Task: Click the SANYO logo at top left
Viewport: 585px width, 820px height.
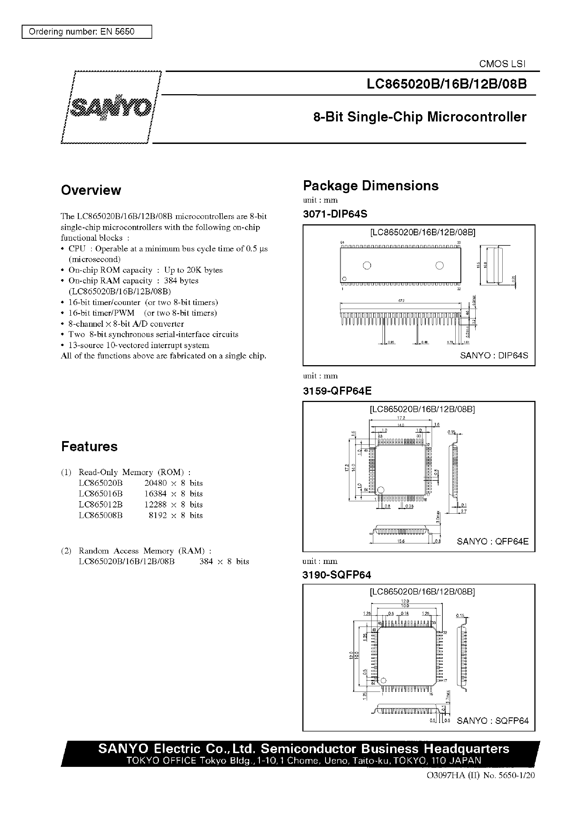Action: (x=111, y=107)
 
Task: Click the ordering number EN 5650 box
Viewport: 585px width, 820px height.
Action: (x=87, y=32)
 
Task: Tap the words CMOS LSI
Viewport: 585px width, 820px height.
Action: (x=502, y=64)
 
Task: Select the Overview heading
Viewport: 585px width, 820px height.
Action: (x=91, y=190)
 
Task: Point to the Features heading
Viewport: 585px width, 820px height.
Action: (x=89, y=446)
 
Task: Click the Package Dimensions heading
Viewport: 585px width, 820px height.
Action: (x=371, y=186)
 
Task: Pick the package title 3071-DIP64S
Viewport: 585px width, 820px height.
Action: (x=335, y=214)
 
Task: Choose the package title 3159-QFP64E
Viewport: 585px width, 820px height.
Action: (x=337, y=390)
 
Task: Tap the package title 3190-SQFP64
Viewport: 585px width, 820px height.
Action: (x=336, y=575)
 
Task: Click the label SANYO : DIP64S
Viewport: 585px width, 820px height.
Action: (x=494, y=355)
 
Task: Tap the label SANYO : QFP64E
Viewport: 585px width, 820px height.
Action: (x=492, y=541)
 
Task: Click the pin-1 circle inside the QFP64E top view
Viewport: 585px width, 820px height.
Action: (x=381, y=490)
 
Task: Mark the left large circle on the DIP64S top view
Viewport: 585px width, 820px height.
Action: (x=367, y=266)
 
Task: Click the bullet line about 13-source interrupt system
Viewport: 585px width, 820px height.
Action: (x=139, y=345)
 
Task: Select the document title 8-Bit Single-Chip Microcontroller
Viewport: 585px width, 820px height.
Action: (x=420, y=117)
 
